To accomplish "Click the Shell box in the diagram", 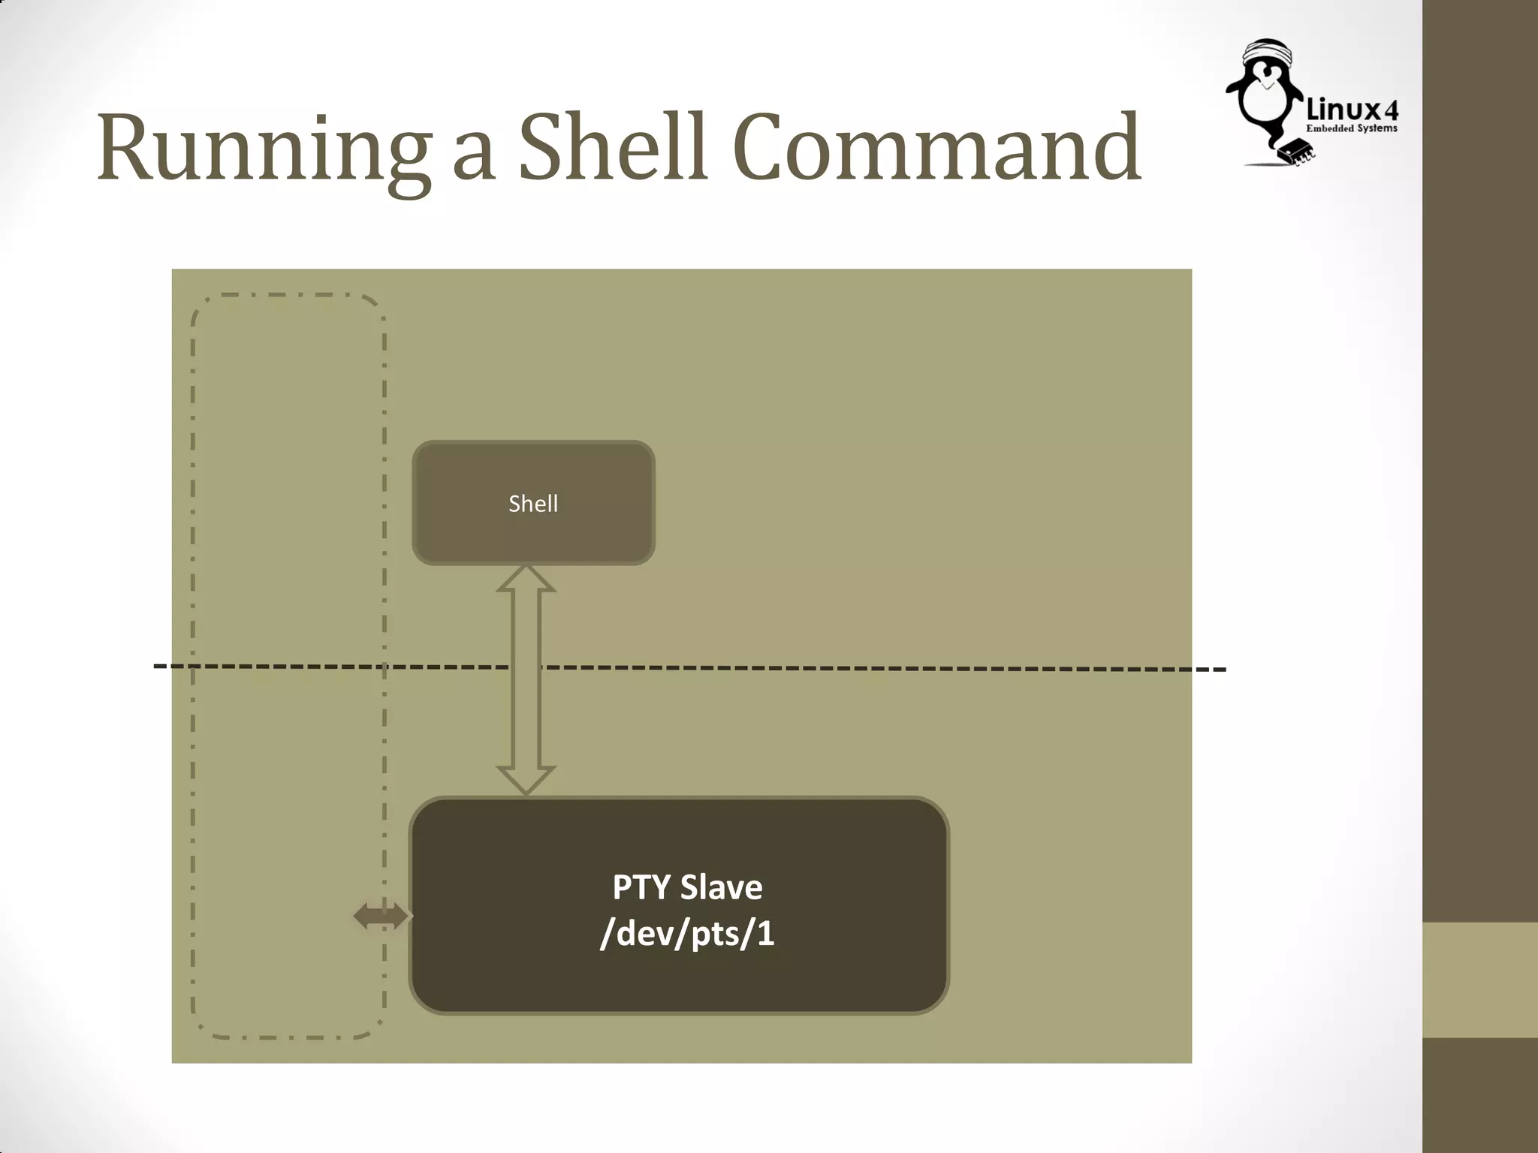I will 533,503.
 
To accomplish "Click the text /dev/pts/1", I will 687,934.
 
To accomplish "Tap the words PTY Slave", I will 687,887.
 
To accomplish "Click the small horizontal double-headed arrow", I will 381,916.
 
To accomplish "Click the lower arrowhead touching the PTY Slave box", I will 526,781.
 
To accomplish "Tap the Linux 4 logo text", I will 1352,111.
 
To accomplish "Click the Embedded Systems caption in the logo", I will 1351,128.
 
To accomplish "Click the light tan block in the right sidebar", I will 1480,980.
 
